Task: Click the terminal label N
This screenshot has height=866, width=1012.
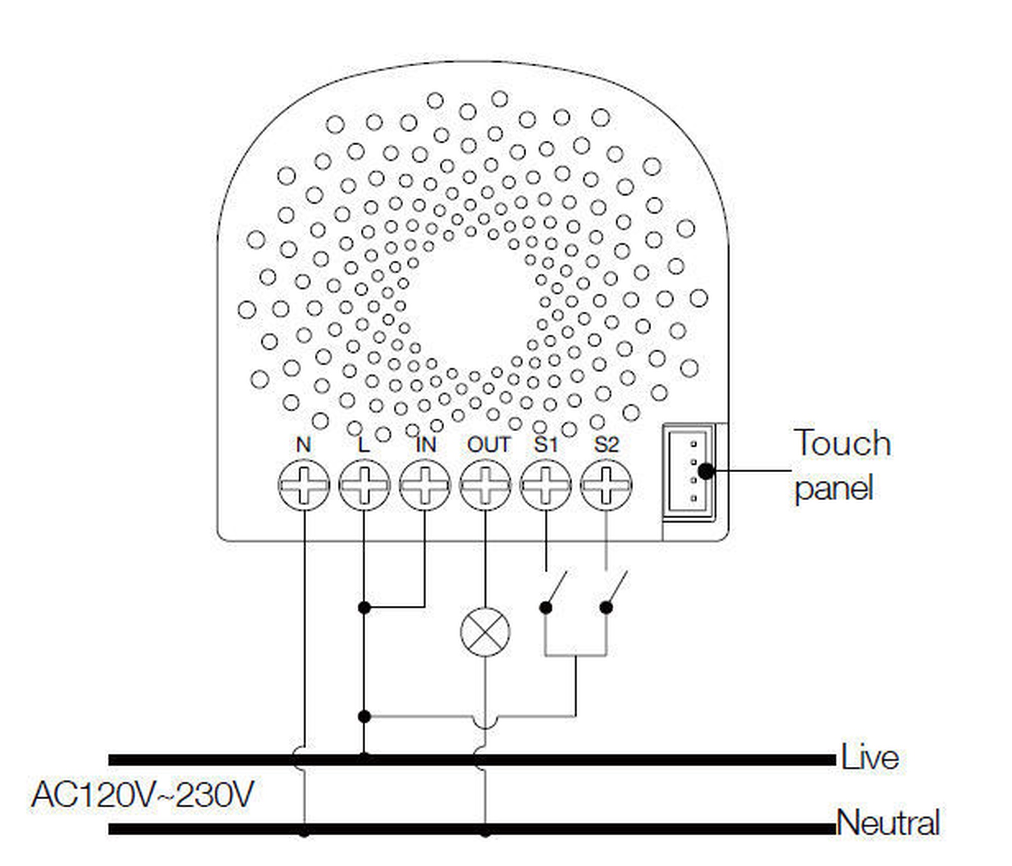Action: (303, 445)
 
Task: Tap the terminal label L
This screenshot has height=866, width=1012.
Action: (363, 445)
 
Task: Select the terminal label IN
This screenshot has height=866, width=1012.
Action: (425, 445)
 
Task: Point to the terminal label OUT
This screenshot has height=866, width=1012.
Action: (488, 445)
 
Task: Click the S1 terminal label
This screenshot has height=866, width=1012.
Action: (545, 445)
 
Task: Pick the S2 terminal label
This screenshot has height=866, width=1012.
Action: (606, 445)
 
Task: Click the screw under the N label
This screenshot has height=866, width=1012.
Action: (304, 485)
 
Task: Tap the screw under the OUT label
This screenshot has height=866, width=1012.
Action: (485, 485)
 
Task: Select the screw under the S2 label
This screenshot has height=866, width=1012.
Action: (606, 485)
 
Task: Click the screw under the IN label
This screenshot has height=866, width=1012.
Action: (425, 485)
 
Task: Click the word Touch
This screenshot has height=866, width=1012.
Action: (842, 443)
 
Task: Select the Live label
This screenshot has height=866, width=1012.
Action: (870, 758)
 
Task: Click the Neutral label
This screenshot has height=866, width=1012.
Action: (889, 823)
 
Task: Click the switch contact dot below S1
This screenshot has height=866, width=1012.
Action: (545, 607)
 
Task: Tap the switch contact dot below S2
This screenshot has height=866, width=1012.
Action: (606, 607)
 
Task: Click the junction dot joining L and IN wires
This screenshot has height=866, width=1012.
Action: (364, 607)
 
